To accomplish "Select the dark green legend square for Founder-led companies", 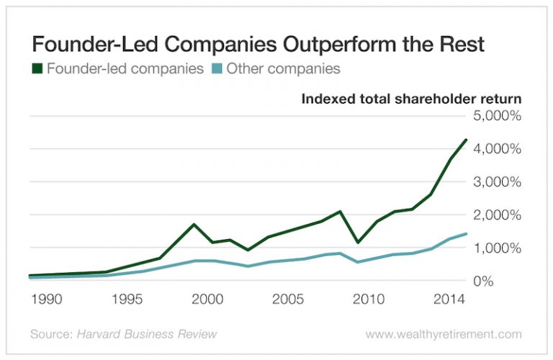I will tap(35, 70).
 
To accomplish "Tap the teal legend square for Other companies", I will tap(215, 70).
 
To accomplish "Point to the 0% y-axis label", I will tap(510, 281).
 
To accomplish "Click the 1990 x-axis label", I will tap(42, 298).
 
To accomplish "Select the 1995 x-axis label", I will tap(125, 298).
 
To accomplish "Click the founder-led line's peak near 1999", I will tap(194, 225).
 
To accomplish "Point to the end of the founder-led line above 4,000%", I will tap(466, 140).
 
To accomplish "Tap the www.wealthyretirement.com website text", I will tap(443, 335).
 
